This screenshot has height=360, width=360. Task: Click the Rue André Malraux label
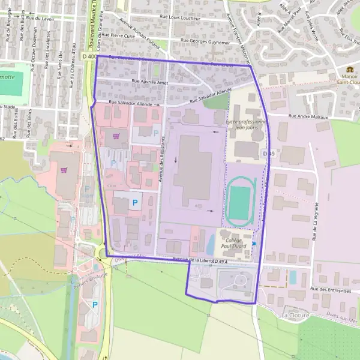[x=308, y=116]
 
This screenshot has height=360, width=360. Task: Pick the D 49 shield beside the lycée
[x=268, y=154]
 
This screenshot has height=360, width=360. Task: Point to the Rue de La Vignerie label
[x=313, y=220]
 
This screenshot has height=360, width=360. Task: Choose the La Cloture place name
[x=295, y=315]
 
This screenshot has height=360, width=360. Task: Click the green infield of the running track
[x=239, y=203]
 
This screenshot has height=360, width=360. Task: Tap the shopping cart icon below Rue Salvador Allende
[x=115, y=136]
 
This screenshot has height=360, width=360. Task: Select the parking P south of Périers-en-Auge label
[x=95, y=305]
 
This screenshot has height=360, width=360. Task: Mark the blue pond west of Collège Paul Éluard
[x=210, y=244]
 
